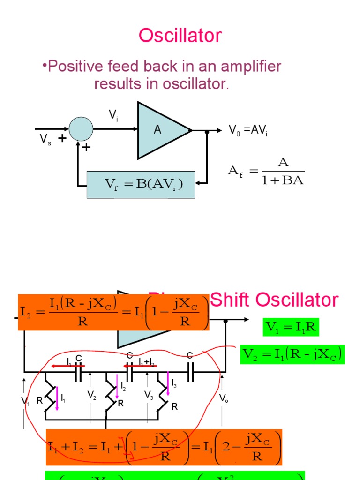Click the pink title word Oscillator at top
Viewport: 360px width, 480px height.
pos(180,36)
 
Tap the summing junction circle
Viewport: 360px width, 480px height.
pos(81,128)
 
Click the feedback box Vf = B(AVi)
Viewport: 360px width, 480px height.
pos(141,184)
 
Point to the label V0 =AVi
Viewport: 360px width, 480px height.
pos(247,130)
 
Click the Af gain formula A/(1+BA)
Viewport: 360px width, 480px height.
pos(266,171)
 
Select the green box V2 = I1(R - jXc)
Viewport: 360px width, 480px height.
pos(292,354)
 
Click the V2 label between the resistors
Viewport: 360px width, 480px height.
pos(92,395)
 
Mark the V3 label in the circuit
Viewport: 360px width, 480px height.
pos(149,395)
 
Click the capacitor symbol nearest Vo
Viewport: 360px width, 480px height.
pos(191,373)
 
